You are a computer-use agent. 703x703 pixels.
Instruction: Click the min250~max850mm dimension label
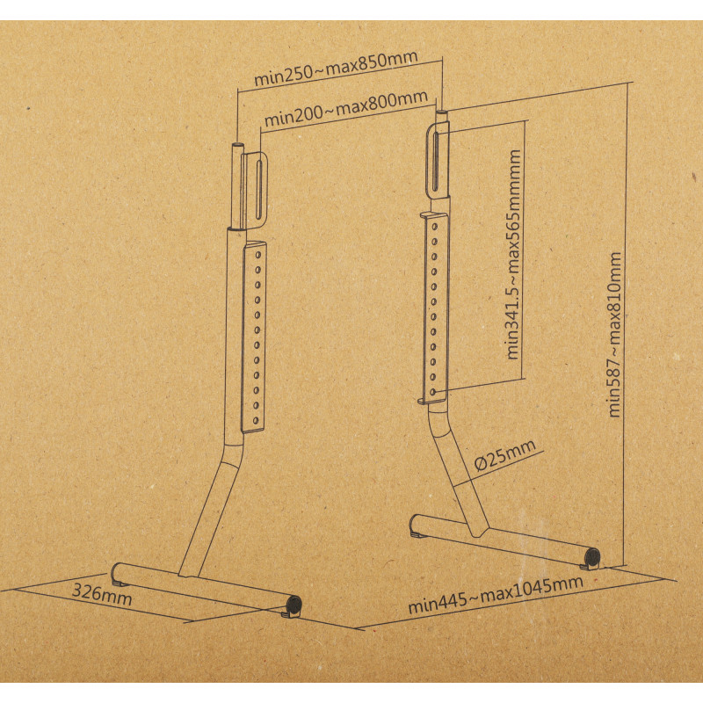337,68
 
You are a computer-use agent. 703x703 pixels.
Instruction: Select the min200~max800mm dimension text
346,108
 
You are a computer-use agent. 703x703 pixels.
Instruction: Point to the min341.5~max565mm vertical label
513,254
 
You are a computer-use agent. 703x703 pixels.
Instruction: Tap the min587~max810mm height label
614,335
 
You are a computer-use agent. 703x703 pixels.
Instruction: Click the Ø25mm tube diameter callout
505,454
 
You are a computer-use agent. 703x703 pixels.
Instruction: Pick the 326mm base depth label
102,595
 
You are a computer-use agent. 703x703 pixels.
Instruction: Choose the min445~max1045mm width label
496,595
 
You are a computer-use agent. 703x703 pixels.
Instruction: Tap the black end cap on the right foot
592,556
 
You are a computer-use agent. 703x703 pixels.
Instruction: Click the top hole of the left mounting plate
258,255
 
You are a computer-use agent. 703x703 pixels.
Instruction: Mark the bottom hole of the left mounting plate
256,421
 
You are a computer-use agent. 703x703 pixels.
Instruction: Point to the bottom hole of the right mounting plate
432,392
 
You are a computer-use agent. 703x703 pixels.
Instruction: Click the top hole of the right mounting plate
434,227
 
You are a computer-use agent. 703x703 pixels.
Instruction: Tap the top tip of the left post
238,145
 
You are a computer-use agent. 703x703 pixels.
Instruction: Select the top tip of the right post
442,112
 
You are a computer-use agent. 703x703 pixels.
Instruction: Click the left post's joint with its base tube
188,576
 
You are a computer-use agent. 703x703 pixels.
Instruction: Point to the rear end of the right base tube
416,525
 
